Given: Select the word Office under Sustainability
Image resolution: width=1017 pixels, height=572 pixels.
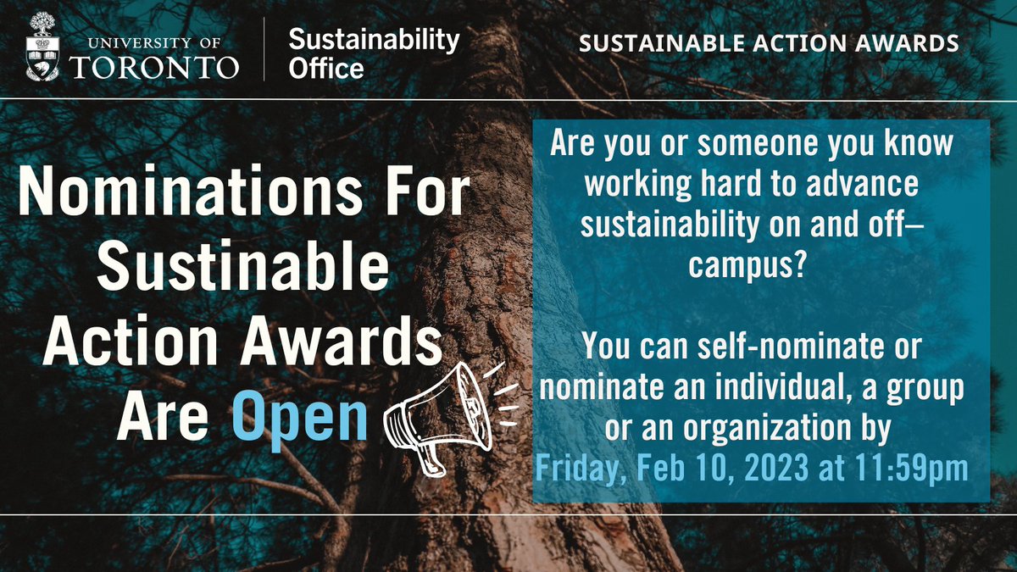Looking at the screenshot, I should (x=326, y=68).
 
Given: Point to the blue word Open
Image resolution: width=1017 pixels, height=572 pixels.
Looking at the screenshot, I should (x=299, y=417).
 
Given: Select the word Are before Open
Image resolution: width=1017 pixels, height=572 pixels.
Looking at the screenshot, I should (x=166, y=417).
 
